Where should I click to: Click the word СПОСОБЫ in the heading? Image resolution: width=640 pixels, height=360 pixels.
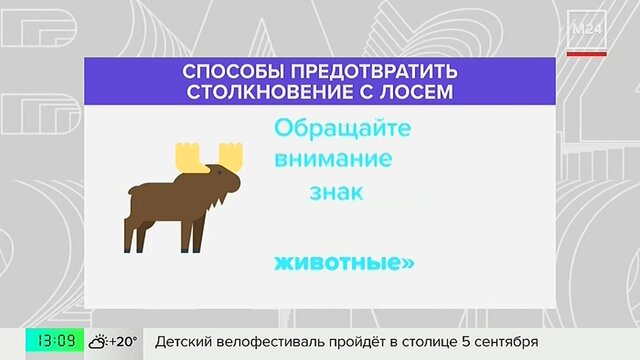pyautogui.click(x=233, y=71)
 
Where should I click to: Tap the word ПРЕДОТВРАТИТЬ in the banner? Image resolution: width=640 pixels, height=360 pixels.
pyautogui.click(x=374, y=71)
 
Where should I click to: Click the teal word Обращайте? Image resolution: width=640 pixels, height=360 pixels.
pyautogui.click(x=342, y=129)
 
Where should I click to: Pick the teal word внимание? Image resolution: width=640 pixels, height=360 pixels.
pyautogui.click(x=333, y=159)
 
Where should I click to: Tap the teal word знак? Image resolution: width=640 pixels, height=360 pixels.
pyautogui.click(x=336, y=192)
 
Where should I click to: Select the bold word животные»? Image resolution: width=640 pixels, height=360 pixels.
pyautogui.click(x=344, y=263)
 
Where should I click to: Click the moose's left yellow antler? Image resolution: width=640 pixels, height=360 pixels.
pyautogui.click(x=189, y=156)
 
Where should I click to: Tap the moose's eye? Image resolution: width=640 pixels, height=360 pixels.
pyautogui.click(x=220, y=172)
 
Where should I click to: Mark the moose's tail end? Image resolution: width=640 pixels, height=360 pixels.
pyautogui.click(x=131, y=190)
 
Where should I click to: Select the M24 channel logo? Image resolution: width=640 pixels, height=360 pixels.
pyautogui.click(x=587, y=29)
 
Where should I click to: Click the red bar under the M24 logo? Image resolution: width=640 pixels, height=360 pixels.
pyautogui.click(x=587, y=54)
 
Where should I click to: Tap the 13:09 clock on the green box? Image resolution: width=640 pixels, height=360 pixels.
pyautogui.click(x=55, y=340)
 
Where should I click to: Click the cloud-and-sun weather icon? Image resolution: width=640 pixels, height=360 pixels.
pyautogui.click(x=98, y=341)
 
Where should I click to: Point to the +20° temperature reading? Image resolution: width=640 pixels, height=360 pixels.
pyautogui.click(x=123, y=341)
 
